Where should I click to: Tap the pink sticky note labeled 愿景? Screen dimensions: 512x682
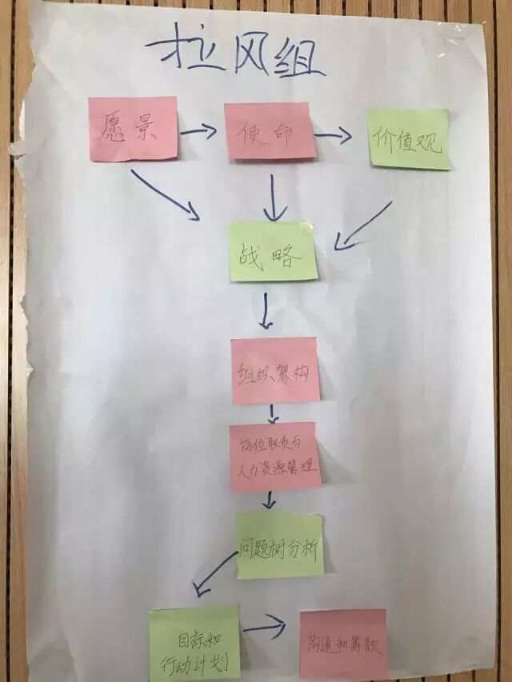click(x=133, y=129)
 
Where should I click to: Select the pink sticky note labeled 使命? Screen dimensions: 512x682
click(x=270, y=130)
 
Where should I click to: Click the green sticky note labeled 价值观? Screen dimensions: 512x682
click(x=409, y=138)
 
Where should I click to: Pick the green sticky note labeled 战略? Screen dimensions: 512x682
click(x=273, y=252)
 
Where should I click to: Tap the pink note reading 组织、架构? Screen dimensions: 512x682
click(x=275, y=370)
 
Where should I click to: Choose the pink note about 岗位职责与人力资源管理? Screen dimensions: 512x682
click(x=274, y=457)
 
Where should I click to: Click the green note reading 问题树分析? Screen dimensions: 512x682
click(x=280, y=546)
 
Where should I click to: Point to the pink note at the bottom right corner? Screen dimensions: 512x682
click(x=342, y=644)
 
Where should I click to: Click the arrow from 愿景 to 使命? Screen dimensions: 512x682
click(x=198, y=130)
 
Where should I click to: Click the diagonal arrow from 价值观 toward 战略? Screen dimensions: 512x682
click(x=365, y=224)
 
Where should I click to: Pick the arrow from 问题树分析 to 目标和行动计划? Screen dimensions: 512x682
click(x=216, y=574)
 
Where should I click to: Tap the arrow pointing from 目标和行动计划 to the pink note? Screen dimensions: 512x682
click(x=266, y=628)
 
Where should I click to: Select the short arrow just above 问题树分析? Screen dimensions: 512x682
click(x=270, y=500)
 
